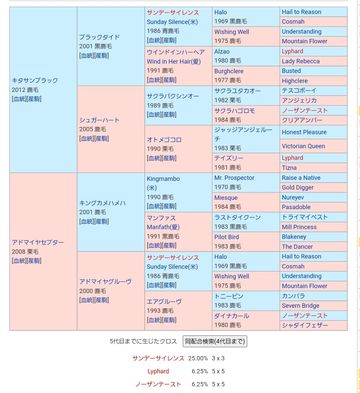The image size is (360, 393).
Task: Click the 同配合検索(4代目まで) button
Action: point(215,341)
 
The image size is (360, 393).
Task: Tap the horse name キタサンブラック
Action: point(35,81)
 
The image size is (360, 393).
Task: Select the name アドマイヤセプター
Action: point(38,242)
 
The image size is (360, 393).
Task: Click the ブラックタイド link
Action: point(100,37)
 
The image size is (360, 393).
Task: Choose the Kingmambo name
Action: point(163,179)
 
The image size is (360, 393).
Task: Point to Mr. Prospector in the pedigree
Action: point(234,178)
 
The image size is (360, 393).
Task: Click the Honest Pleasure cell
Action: point(304,132)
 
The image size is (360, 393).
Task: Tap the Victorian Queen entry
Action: point(303,146)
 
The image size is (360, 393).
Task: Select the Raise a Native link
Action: point(301,178)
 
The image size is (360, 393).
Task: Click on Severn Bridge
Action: point(301,305)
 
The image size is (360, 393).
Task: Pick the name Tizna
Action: point(289,168)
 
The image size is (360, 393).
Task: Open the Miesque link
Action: point(226,197)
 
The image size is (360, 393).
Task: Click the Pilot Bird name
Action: point(227,237)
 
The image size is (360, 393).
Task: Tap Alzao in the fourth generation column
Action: point(222,51)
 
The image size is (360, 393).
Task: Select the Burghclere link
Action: point(229,71)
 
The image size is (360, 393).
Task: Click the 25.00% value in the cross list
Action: point(198,358)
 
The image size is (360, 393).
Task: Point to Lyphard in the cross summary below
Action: point(158,371)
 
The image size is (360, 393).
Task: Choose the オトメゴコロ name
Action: point(164,140)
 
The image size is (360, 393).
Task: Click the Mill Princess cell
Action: point(299,227)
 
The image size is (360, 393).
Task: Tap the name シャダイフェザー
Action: point(305,325)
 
